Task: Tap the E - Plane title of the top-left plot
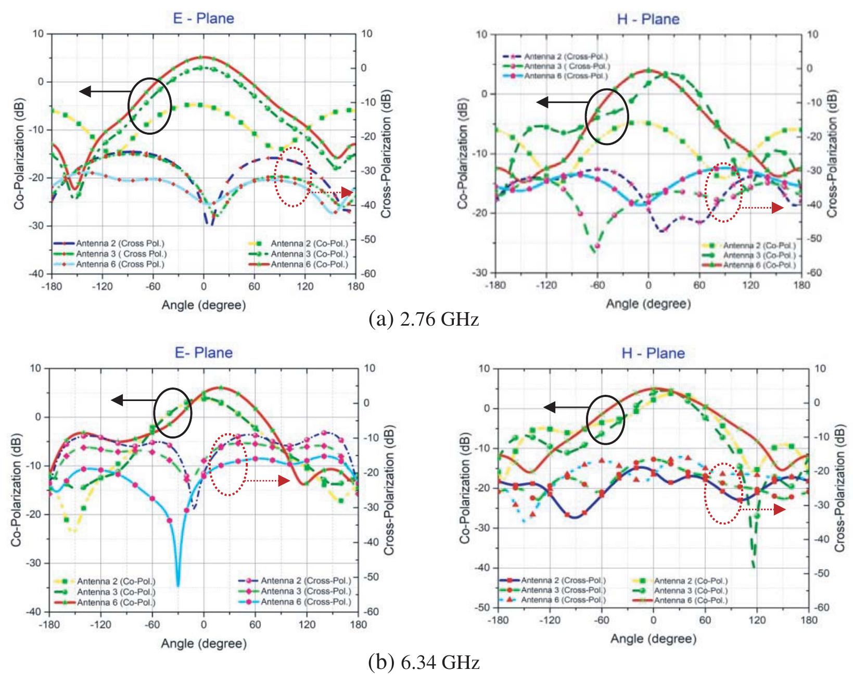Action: pos(203,19)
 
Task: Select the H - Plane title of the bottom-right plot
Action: pos(653,353)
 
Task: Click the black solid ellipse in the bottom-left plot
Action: pos(173,412)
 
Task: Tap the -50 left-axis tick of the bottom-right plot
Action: pos(483,608)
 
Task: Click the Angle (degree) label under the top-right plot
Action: pos(648,304)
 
